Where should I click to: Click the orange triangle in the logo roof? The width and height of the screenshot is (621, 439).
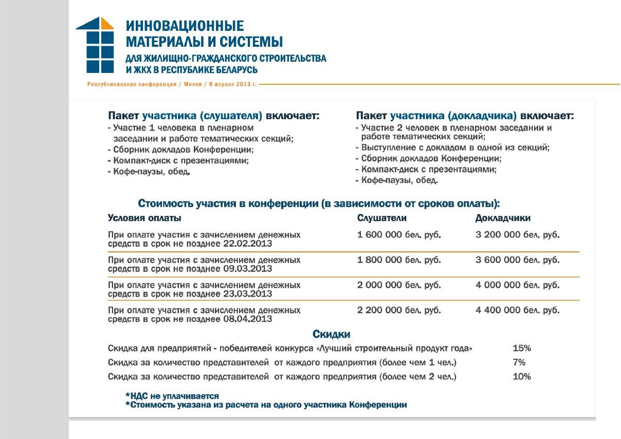106,24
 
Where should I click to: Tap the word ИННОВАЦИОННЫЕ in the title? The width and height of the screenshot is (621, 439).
185,26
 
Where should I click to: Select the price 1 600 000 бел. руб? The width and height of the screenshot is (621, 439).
399,235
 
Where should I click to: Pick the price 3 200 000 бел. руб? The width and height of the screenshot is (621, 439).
517,235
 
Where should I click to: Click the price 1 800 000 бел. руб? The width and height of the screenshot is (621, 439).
399,260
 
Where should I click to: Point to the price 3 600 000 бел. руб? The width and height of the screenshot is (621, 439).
517,260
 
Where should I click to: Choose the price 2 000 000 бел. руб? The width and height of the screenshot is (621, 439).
399,285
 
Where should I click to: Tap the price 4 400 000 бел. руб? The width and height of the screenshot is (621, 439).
517,310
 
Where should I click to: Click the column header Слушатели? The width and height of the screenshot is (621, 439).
381,218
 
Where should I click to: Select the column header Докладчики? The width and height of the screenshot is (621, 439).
503,218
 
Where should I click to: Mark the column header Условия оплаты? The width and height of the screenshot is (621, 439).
144,218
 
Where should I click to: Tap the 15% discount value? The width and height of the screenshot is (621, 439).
522,348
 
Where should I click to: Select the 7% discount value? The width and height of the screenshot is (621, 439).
519,362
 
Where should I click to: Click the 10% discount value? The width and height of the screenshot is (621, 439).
522,377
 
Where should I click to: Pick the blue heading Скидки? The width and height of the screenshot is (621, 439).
332,335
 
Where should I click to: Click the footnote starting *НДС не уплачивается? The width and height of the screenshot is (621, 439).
172,396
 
